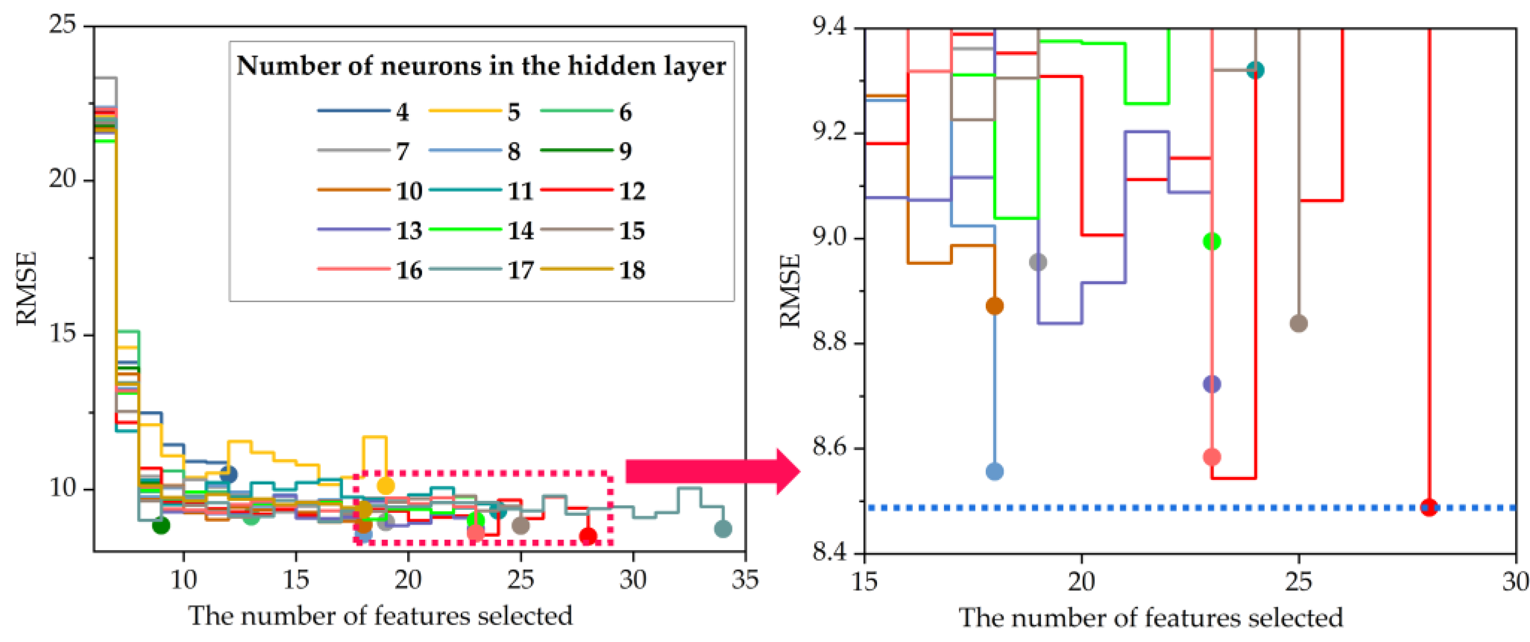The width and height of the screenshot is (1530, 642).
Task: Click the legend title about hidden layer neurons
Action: (x=481, y=66)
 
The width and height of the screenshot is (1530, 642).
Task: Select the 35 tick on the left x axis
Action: (x=745, y=579)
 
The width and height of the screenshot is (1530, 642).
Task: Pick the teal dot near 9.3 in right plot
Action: (x=1255, y=70)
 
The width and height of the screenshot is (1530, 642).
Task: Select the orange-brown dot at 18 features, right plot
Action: (x=994, y=306)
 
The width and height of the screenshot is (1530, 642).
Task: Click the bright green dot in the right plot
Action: (x=1212, y=241)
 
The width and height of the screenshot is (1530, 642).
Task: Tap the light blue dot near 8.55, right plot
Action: (x=994, y=472)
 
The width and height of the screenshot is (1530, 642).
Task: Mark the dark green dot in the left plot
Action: (x=161, y=525)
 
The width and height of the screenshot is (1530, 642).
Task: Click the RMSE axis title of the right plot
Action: (x=790, y=291)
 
